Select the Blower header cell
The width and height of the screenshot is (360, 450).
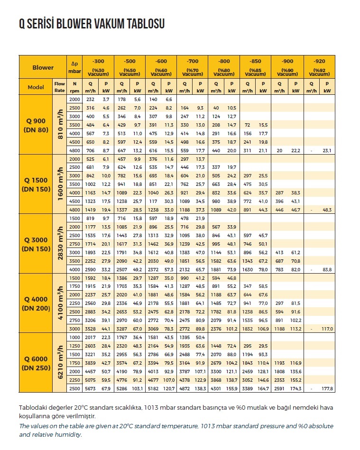(43, 67)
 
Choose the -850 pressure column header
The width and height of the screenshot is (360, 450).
(256, 62)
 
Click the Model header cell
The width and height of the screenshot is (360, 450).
(36, 87)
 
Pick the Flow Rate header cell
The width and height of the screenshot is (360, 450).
(59, 87)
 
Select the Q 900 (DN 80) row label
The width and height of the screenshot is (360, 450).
(36, 125)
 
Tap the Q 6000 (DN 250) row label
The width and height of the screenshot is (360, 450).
(36, 363)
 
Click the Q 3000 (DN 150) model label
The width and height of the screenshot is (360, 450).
(36, 244)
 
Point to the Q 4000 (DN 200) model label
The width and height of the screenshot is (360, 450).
(36, 303)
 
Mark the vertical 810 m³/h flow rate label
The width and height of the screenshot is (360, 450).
(60, 125)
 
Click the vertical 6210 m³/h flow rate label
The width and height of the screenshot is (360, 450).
(60, 363)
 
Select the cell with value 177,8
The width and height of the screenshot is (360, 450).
(327, 389)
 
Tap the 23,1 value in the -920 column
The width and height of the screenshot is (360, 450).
(327, 150)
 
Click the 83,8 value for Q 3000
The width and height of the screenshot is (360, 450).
(327, 269)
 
